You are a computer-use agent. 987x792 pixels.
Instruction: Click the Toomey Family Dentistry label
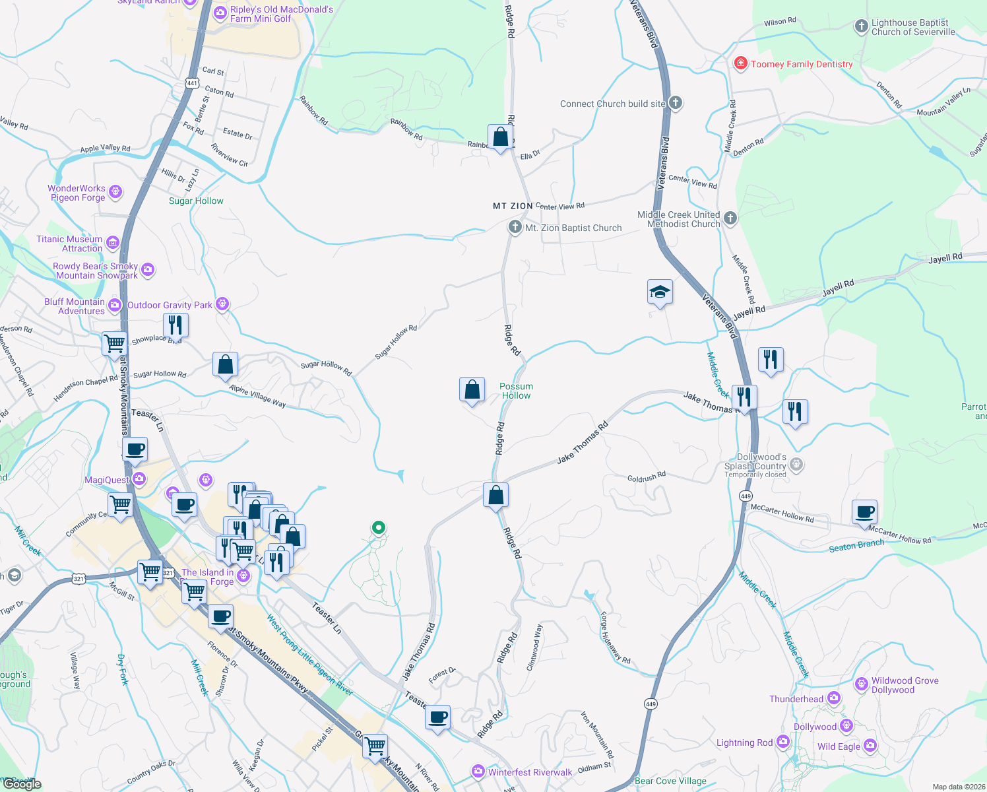point(802,64)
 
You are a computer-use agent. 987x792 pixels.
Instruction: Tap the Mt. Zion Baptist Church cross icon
point(515,227)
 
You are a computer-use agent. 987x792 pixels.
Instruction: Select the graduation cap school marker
point(660,292)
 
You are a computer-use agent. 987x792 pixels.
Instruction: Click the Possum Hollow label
point(516,391)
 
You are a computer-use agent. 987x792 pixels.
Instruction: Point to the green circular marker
point(379,527)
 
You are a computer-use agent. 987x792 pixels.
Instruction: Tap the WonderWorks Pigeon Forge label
point(77,193)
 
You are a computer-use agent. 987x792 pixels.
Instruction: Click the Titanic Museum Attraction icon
point(112,243)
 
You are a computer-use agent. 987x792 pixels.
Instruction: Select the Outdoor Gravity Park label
point(170,305)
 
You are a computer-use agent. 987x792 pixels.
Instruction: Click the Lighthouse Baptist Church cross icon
point(861,26)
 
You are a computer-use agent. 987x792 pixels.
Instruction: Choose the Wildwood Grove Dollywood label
point(905,685)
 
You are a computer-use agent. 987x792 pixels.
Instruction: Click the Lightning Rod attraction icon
point(783,742)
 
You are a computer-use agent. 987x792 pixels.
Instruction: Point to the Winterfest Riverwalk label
point(530,772)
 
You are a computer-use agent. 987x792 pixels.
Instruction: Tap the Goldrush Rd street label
point(647,477)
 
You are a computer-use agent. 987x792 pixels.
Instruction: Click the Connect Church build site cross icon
point(675,102)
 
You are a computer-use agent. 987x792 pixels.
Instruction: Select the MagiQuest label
point(107,480)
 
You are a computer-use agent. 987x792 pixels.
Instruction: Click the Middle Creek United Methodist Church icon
point(730,218)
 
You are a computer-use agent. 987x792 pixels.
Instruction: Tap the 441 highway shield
point(192,83)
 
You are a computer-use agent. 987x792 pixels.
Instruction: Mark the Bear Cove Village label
point(670,781)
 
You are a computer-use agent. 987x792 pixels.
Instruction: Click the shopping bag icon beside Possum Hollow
point(472,390)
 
